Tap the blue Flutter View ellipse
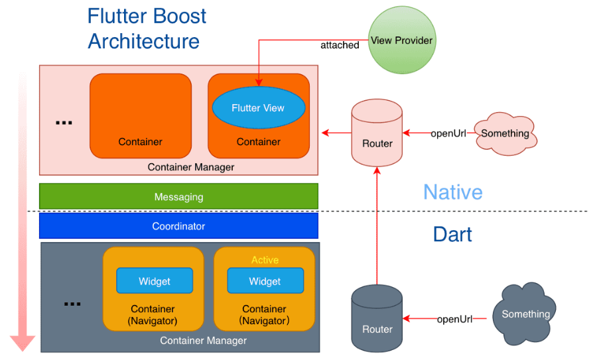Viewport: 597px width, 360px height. point(258,108)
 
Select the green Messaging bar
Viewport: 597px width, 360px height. point(178,196)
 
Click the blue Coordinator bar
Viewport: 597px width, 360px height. point(178,226)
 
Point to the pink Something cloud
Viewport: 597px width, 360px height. point(505,133)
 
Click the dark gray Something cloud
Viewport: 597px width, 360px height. point(525,314)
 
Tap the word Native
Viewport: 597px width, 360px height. point(452,192)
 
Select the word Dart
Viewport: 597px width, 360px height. point(452,234)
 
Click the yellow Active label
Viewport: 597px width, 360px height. point(265,260)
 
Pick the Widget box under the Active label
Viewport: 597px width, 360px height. point(265,281)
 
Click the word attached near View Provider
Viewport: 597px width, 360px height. point(340,45)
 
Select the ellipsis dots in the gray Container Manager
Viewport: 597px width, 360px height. point(72,304)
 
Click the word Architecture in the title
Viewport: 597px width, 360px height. point(143,41)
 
